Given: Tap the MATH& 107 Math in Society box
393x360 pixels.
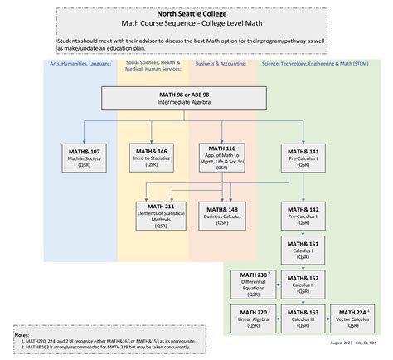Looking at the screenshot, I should click(84, 156).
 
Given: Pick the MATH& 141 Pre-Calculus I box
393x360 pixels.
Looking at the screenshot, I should click(302, 156).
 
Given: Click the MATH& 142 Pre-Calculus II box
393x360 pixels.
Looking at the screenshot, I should click(302, 213).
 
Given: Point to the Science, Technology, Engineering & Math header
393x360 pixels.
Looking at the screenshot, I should click(313, 63).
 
